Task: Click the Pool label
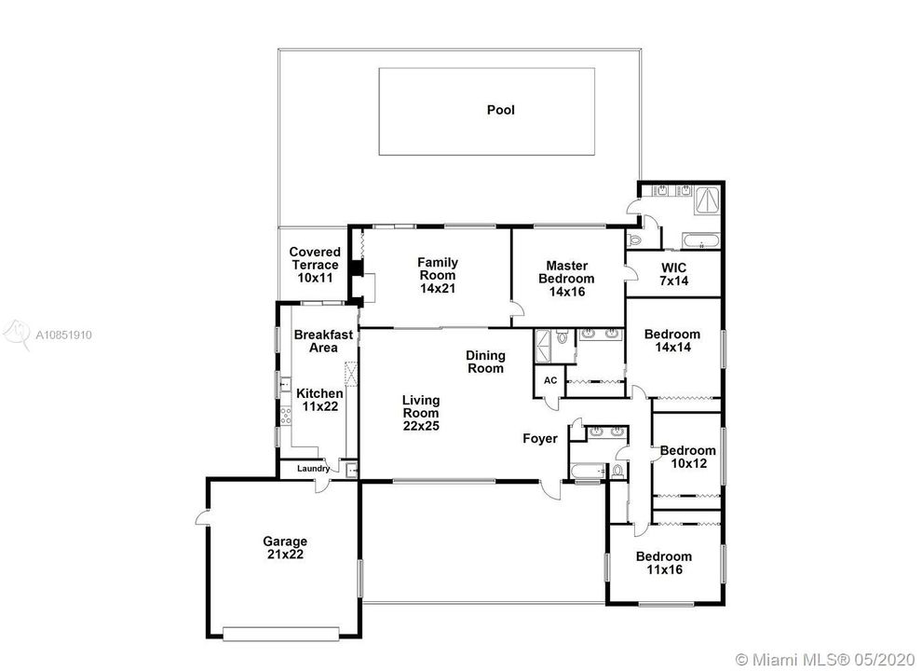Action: pos(500,110)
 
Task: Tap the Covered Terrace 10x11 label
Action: pos(315,265)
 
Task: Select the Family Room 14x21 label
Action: pos(438,276)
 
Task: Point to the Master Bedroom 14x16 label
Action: pos(566,279)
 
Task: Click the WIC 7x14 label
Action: pos(673,274)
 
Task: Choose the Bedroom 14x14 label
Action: pos(672,341)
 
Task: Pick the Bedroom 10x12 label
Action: pos(688,457)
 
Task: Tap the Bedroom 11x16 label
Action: pos(664,563)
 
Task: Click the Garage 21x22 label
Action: pos(285,547)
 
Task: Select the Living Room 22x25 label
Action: pos(421,413)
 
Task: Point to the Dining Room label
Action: pos(485,362)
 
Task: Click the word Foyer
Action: pos(540,439)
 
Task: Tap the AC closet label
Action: pos(550,380)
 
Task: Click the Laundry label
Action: pos(314,469)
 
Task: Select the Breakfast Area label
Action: pos(323,341)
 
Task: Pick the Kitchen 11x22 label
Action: pos(319,400)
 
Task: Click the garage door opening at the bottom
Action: pos(281,634)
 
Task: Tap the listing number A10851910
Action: pos(63,335)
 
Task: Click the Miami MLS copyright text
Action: pos(825,659)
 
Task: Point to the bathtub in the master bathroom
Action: pos(700,240)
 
